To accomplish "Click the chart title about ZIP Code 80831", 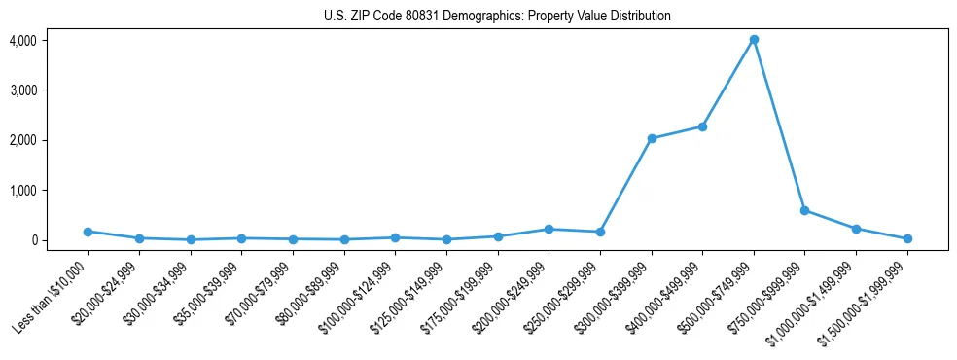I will [497, 17].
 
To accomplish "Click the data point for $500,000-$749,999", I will [754, 40].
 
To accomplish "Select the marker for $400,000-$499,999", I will [702, 126].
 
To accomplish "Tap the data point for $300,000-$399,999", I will [652, 138].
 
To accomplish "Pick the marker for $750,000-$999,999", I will [804, 210].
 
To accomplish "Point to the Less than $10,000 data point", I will [88, 232].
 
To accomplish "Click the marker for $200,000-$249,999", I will [549, 230].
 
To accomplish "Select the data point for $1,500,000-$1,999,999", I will [907, 238].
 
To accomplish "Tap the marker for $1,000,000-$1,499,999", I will [856, 229].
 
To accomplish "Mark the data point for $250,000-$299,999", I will [600, 232].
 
